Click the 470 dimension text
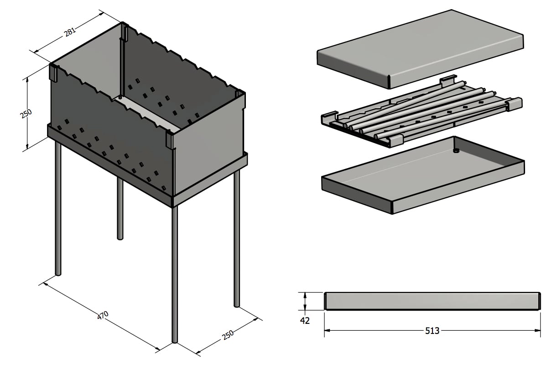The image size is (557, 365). pos(104,315)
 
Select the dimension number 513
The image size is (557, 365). pos(432,330)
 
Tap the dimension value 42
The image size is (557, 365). pos(305,321)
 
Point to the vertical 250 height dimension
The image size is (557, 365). pos(26,114)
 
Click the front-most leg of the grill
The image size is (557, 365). pos(175,274)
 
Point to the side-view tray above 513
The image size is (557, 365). pos(432,301)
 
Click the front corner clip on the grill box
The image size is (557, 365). pos(170,140)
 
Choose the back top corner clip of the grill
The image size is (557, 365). pos(124,32)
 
